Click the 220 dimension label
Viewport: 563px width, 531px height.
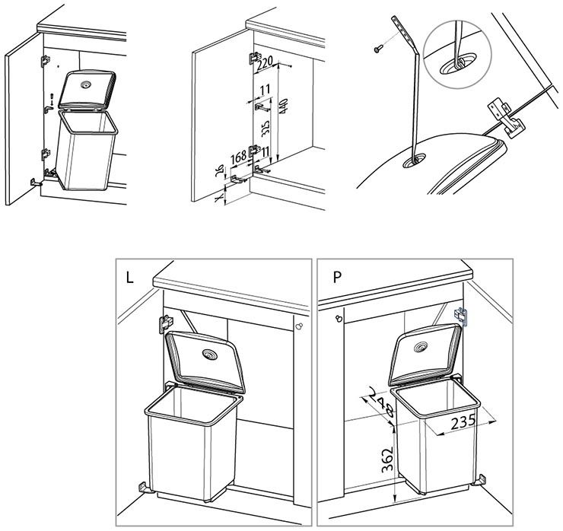[x=265, y=65]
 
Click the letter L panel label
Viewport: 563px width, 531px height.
[x=130, y=278]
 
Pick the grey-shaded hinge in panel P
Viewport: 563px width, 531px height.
[x=461, y=316]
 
